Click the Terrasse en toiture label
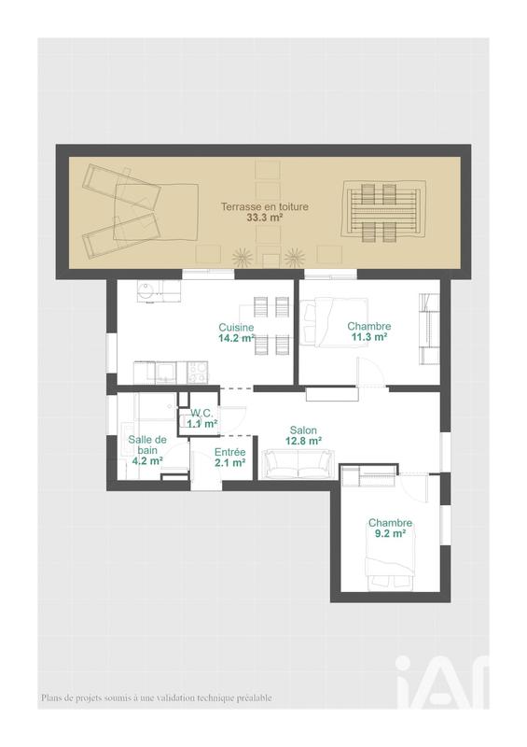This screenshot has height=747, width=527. click(264, 206)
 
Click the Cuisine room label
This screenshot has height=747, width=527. click(236, 327)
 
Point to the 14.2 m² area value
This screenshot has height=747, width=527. click(237, 339)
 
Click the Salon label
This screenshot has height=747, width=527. click(303, 430)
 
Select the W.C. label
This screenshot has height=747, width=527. click(202, 413)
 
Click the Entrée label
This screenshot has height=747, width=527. click(229, 451)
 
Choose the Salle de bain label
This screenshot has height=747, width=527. click(147, 444)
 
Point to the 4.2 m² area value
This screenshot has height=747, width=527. click(147, 461)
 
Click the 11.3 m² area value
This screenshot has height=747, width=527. click(369, 338)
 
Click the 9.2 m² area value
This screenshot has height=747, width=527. click(390, 534)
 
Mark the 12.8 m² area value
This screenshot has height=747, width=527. click(303, 441)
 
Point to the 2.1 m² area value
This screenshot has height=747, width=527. click(229, 462)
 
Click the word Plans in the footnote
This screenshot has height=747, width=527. click(51, 698)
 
